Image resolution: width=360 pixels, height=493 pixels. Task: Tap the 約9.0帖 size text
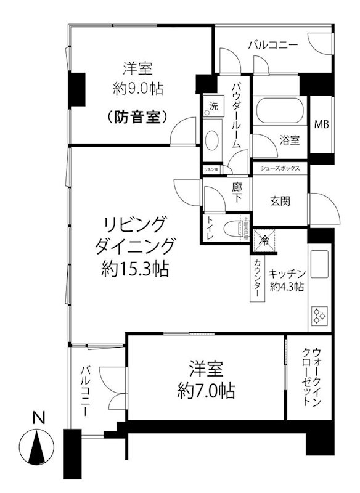point(137,88)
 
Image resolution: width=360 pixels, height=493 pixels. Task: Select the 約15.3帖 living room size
point(136,269)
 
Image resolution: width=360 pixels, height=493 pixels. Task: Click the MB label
point(321,124)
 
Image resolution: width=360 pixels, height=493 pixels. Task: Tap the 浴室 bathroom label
point(290,140)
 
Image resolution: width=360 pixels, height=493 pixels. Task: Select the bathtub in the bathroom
point(279,113)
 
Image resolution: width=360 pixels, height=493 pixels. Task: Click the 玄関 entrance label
point(280,201)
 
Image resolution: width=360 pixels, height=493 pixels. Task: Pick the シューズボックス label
point(280,168)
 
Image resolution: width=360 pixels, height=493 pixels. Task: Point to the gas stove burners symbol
point(319,317)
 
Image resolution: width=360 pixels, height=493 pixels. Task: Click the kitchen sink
point(320,265)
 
